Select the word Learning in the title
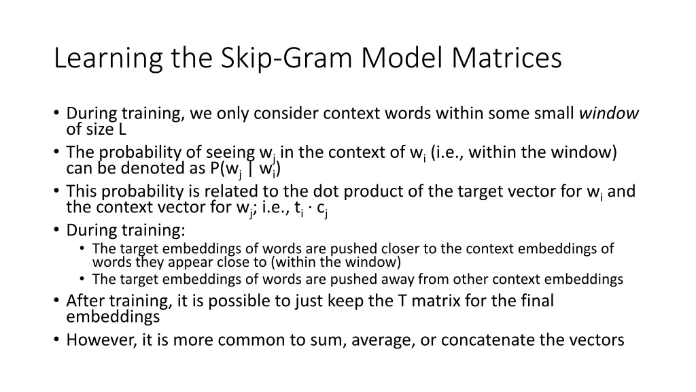[x=108, y=59]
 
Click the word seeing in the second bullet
[x=229, y=152]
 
